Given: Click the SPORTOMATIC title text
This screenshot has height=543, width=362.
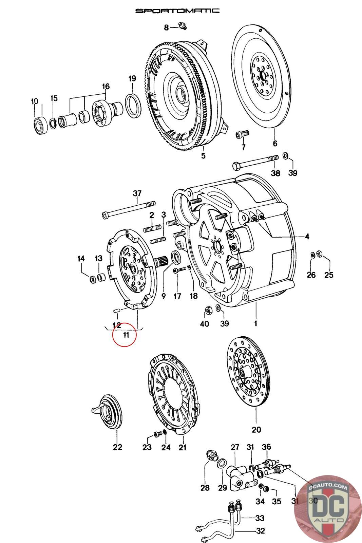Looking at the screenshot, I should pos(177,11).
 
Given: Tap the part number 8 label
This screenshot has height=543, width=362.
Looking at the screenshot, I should pos(166,27).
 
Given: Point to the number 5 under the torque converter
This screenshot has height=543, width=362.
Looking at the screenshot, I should pos(203,156).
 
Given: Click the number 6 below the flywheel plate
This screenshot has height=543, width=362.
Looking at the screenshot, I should pos(275,143).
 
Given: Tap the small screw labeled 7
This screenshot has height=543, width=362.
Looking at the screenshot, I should pos(242,134).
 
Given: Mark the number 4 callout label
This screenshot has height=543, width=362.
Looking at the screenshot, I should pos(307,237).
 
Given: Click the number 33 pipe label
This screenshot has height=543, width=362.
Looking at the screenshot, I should pos(260,518).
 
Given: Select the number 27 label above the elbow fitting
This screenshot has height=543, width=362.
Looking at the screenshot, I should pos(235,447).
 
